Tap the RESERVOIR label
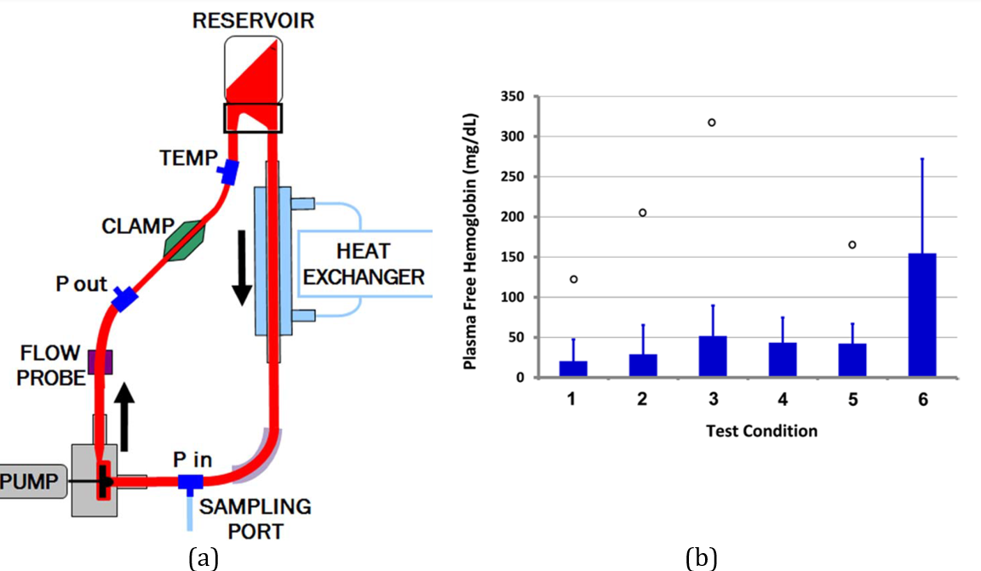tap(253, 20)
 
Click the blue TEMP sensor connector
tap(227, 174)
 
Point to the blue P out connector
tap(125, 299)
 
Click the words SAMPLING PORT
tap(255, 518)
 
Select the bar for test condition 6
tap(922, 315)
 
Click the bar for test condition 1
tap(573, 368)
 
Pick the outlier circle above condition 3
tap(712, 123)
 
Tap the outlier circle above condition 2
tap(643, 213)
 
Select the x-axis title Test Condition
tap(761, 431)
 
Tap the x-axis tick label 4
tap(782, 397)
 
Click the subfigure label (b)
tap(701, 558)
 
